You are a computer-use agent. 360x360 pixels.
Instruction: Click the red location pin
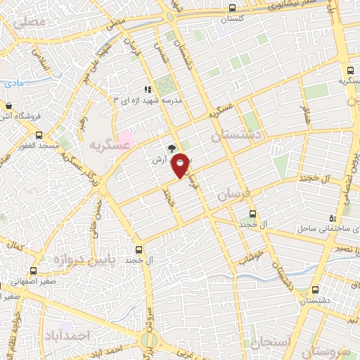tap(181, 165)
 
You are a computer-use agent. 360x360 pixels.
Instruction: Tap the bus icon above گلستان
tap(233, 8)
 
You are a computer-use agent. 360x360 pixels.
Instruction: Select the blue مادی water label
tap(12, 83)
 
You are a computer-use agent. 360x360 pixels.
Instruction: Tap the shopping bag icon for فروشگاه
tap(8, 106)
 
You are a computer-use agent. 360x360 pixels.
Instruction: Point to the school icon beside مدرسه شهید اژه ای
tap(148, 89)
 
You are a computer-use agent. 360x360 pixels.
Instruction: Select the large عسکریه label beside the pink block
tap(109, 145)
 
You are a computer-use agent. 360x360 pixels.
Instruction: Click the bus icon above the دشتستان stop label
tap(315, 289)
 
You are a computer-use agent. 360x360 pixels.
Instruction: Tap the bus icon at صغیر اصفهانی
tap(33, 271)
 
